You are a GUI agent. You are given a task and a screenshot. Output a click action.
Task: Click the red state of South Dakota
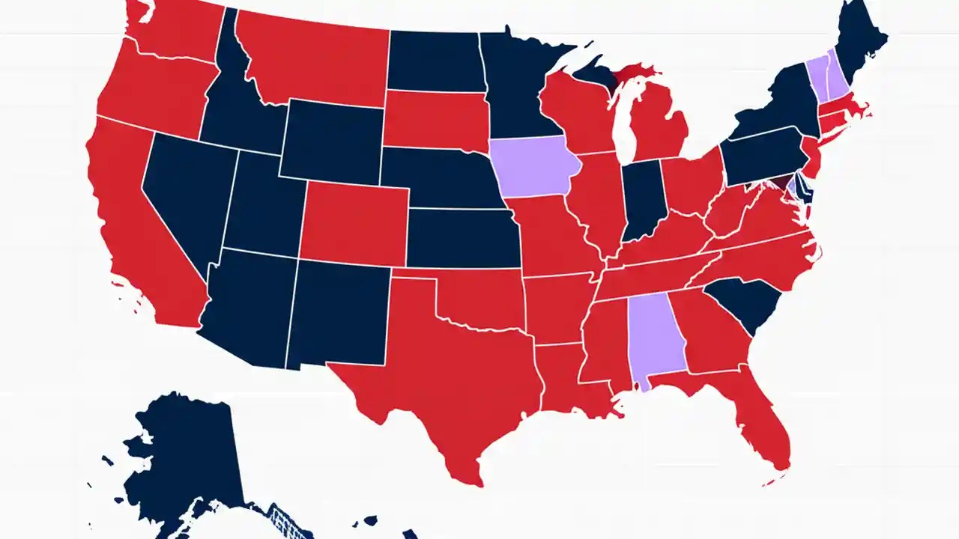click(x=435, y=120)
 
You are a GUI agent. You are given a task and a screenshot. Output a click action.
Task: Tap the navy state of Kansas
click(x=461, y=238)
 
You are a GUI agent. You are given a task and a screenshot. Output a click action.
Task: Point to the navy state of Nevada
click(x=184, y=195)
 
